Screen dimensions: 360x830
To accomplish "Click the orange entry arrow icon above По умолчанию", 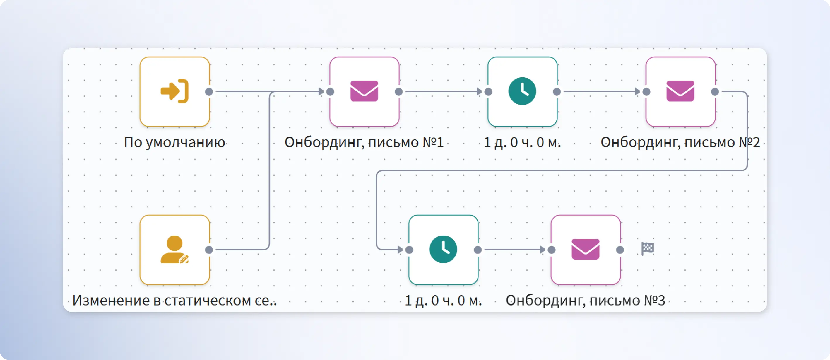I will pos(174,91).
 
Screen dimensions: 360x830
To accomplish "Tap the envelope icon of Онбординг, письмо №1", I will pos(364,91).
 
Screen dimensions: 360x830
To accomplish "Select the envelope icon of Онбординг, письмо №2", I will pos(680,91).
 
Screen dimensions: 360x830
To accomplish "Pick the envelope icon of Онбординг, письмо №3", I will pos(586,249).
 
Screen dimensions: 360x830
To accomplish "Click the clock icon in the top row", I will pos(522,91).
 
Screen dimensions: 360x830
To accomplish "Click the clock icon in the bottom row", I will pos(443,249).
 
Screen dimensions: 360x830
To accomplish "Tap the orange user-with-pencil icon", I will pos(174,249).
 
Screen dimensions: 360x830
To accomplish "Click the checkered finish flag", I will pos(648,248).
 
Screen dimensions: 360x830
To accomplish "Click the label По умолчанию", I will pos(174,142).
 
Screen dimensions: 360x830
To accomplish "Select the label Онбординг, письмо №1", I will pos(364,142).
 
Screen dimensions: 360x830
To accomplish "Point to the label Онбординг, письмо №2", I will pos(680,142).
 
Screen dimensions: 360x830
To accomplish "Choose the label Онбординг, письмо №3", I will pos(586,300).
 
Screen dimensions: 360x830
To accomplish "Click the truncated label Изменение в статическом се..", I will pos(174,300).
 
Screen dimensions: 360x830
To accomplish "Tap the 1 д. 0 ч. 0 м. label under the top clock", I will pos(522,142).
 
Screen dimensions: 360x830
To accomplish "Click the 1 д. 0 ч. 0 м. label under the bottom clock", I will pos(443,300).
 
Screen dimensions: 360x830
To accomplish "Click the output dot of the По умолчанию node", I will pos(209,91).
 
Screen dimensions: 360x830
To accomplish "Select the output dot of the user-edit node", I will pos(209,250).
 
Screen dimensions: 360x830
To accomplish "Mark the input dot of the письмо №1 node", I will pos(330,91).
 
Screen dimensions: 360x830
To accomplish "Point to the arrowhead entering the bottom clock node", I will pos(400,250).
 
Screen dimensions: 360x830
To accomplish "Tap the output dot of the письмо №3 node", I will pos(620,250).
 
